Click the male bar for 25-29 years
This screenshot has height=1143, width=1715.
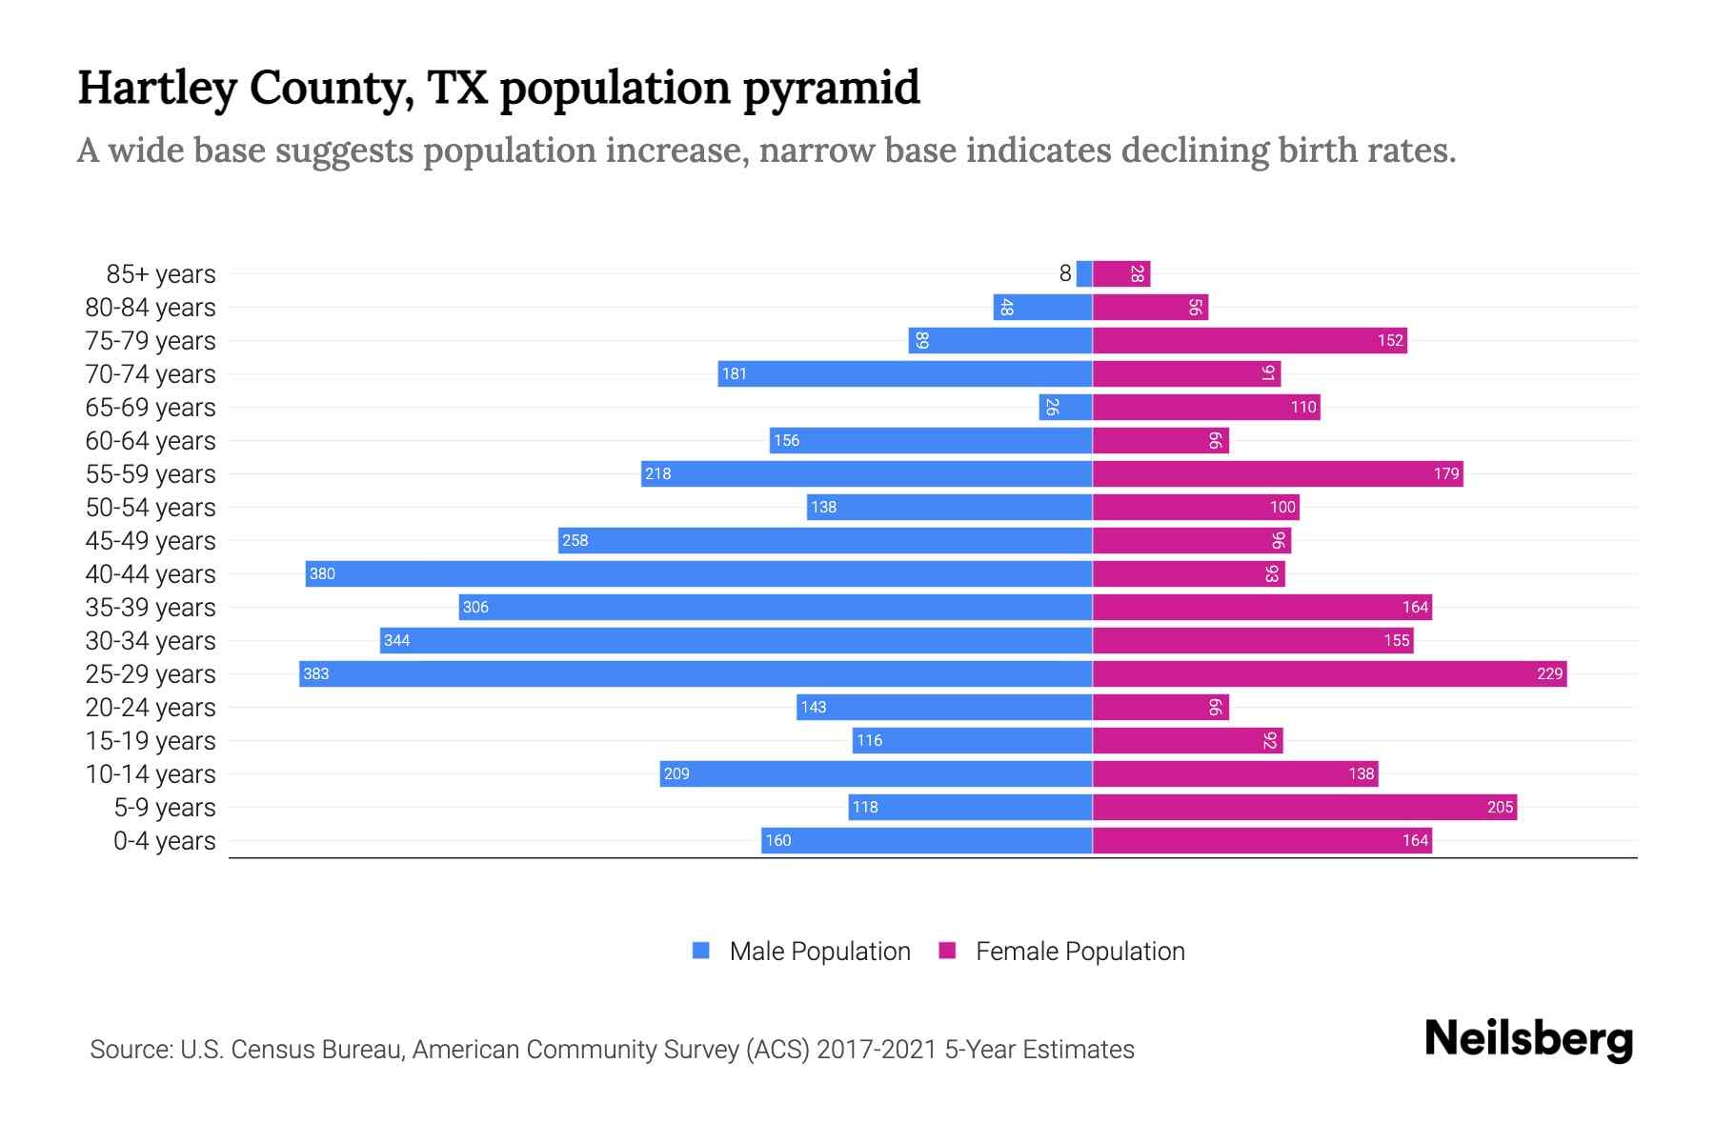point(696,673)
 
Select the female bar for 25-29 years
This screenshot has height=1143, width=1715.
point(1329,673)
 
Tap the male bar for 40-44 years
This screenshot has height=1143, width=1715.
point(698,573)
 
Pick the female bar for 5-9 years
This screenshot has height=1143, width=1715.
point(1304,807)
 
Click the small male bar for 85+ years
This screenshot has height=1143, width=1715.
point(1084,273)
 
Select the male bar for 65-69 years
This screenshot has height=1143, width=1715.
point(1065,407)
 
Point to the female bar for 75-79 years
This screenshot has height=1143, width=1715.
point(1249,340)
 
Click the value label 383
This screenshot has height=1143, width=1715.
point(315,673)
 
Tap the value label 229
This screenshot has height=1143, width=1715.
point(1549,673)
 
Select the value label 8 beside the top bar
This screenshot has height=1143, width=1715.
point(1065,273)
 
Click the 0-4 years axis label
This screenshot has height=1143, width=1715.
point(164,840)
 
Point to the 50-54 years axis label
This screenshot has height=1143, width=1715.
point(151,507)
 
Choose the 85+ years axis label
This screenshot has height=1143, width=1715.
point(161,273)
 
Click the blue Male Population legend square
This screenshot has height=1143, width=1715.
point(701,951)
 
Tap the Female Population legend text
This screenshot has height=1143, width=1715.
point(1079,951)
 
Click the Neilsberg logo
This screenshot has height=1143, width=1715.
point(1528,1038)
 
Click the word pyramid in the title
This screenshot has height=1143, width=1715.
point(831,88)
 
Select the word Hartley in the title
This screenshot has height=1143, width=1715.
point(157,88)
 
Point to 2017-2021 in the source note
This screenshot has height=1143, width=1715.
point(877,1049)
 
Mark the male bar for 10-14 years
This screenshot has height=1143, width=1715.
point(876,773)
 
